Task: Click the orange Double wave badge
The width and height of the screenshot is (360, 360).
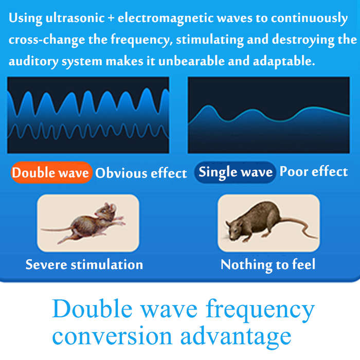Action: (x=51, y=172)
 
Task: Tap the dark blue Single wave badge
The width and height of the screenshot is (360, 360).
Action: (x=235, y=172)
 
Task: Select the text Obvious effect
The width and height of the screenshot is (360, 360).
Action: (x=141, y=173)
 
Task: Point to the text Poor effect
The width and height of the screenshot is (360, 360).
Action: (x=314, y=171)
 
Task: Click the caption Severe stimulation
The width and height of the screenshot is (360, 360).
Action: (x=84, y=264)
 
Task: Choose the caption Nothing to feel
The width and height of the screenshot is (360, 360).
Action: (x=268, y=265)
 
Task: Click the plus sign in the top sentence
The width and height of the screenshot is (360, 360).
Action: (x=111, y=19)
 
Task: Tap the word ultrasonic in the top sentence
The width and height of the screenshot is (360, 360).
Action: (x=75, y=18)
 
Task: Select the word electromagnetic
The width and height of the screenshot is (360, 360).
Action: (x=166, y=19)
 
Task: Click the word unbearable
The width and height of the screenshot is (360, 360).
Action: (x=191, y=61)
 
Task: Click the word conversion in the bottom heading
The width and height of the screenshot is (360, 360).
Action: (x=112, y=336)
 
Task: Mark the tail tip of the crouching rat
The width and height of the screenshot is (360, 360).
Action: (x=317, y=238)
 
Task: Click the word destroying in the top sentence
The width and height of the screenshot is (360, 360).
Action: (x=303, y=40)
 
